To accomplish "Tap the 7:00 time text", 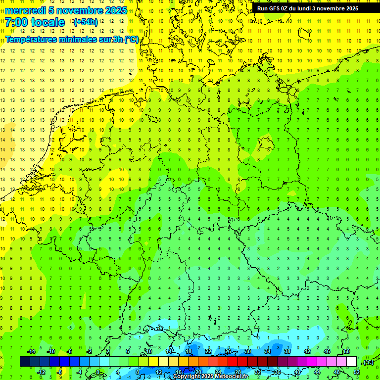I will [16, 22].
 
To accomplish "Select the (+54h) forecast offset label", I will [85, 22].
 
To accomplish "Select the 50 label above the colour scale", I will [346, 351].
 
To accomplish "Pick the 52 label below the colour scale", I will [357, 372].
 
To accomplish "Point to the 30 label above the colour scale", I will [248, 351].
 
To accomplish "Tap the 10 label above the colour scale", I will [148, 351].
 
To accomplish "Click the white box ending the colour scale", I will [351, 362].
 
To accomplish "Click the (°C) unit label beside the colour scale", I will [368, 362].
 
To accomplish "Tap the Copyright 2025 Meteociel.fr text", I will [210, 377].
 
